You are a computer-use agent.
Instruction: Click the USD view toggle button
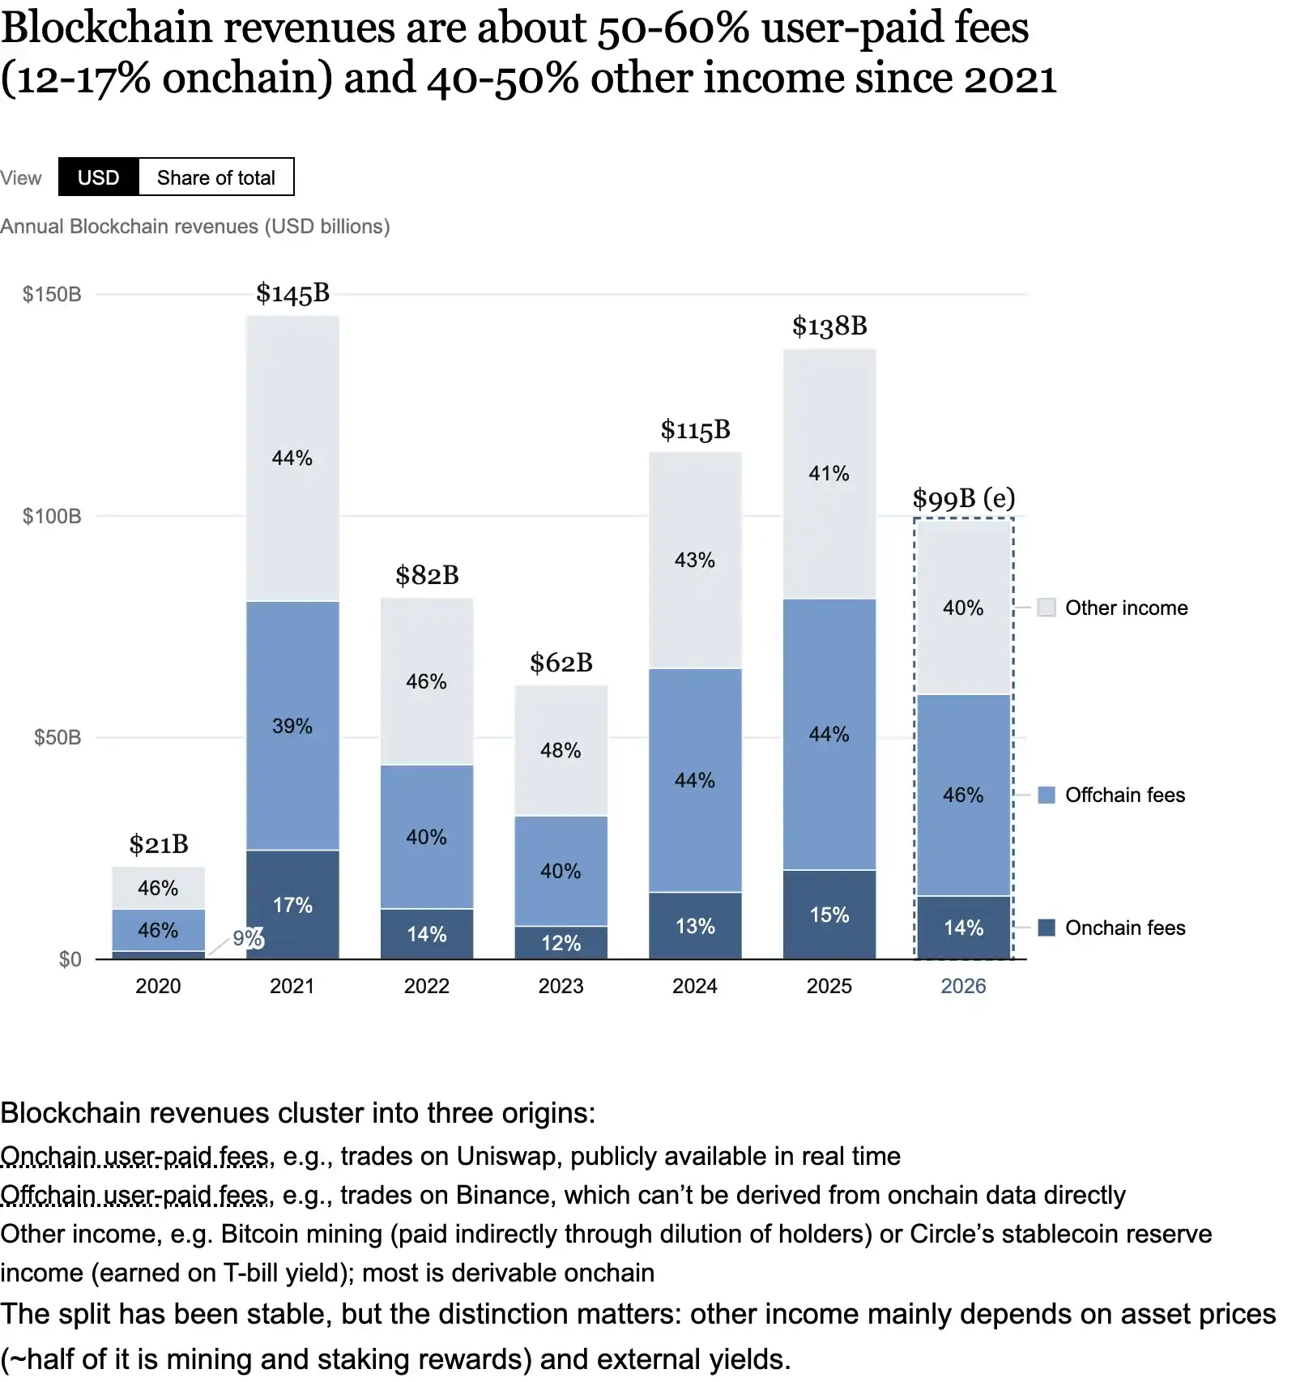click(99, 177)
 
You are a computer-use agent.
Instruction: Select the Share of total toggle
click(216, 177)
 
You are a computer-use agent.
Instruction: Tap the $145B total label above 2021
click(292, 293)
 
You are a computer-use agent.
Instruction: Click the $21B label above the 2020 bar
click(159, 845)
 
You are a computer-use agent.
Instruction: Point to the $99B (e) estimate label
click(964, 498)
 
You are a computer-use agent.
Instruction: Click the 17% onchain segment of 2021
click(292, 905)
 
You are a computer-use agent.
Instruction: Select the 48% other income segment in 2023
click(561, 750)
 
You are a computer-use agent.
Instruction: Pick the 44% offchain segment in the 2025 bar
click(829, 734)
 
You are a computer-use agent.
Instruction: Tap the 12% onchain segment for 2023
click(561, 943)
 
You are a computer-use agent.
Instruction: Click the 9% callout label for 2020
click(248, 938)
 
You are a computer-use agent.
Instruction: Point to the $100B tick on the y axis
click(52, 516)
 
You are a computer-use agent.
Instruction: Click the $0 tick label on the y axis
click(70, 959)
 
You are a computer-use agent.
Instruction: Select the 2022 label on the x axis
click(427, 986)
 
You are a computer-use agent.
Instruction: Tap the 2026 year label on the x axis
click(963, 986)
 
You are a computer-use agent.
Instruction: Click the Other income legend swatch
click(1047, 608)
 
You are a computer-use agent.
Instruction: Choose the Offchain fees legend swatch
click(1047, 795)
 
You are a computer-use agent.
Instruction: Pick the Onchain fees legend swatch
click(1047, 928)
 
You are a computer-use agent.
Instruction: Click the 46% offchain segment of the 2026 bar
click(963, 795)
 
